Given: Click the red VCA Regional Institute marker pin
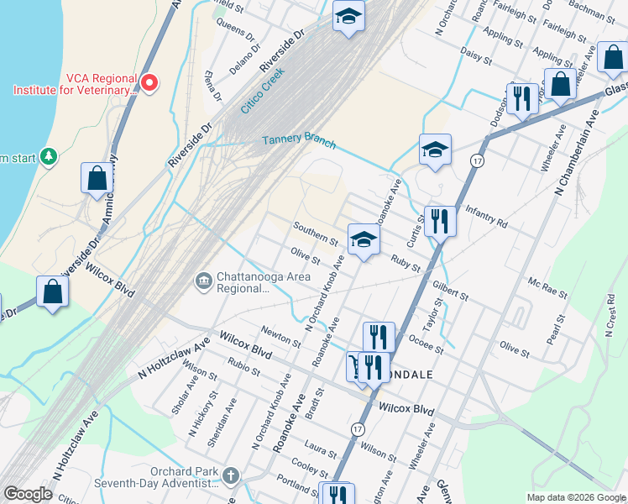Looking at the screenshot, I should click(x=149, y=82).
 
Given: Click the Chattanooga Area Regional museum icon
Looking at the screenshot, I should click(x=202, y=280).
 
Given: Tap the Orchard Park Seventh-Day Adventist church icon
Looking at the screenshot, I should click(x=232, y=476).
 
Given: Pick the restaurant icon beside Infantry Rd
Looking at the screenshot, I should click(x=439, y=221).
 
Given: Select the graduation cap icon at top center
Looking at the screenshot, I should click(x=348, y=15).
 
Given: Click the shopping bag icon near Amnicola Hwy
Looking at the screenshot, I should click(x=97, y=178).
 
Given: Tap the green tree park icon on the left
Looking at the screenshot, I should click(x=49, y=156).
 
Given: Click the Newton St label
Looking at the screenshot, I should click(x=280, y=338).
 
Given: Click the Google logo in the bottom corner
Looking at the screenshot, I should click(x=28, y=494).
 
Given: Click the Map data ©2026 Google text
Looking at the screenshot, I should click(x=575, y=497).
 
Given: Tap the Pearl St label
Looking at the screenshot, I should click(x=553, y=330).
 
